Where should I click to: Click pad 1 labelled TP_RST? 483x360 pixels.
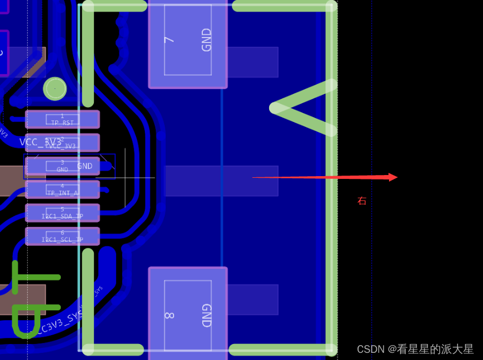pos(62,119)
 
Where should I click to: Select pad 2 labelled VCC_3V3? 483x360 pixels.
pos(62,143)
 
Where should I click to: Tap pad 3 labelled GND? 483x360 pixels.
pos(62,166)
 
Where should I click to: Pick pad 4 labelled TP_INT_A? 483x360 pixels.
pos(62,189)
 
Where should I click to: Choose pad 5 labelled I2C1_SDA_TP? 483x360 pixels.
pos(62,213)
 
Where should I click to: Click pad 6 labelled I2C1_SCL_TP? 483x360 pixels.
pos(62,236)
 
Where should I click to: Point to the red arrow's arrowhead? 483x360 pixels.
pos(393,177)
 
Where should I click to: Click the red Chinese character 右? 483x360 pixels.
pos(362,201)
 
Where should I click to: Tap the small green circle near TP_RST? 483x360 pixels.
pos(55,88)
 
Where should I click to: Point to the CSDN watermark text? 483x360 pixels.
pos(415,349)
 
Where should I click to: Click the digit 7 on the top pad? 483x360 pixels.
pos(170,39)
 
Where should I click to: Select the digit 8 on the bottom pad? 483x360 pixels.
pos(169,315)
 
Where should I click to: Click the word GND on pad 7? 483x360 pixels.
pos(206,40)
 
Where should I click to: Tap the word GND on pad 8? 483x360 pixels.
pos(206,315)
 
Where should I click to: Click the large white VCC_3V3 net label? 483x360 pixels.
pos(40,142)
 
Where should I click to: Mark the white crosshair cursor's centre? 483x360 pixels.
pos(125,178)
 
